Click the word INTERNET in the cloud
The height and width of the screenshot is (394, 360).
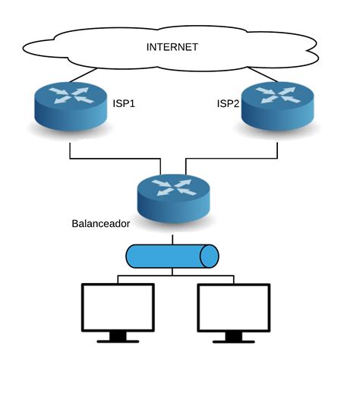[172, 47]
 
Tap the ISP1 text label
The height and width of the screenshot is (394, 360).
[124, 103]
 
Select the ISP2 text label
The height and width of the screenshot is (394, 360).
[228, 103]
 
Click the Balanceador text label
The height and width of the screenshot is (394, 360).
[101, 224]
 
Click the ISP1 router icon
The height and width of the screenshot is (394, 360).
[71, 106]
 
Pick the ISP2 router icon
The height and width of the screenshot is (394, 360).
[278, 106]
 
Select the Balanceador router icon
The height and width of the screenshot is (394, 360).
[174, 198]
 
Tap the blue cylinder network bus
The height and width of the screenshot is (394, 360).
[172, 256]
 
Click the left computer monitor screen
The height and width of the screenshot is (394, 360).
[118, 307]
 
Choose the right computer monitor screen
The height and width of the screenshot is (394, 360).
[234, 307]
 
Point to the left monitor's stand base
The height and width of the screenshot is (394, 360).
[118, 342]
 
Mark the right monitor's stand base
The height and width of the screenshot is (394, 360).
[234, 342]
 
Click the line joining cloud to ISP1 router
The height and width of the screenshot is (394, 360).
[83, 75]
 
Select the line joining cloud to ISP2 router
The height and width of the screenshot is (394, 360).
[263, 74]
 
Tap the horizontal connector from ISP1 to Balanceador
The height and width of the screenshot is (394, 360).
[115, 159]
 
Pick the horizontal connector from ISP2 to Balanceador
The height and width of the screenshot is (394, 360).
[232, 159]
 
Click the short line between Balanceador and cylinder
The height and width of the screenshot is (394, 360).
[172, 240]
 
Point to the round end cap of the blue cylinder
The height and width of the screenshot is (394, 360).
[210, 256]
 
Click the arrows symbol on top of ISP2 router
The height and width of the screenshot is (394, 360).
[279, 96]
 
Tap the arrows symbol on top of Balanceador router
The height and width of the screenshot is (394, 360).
[174, 188]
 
